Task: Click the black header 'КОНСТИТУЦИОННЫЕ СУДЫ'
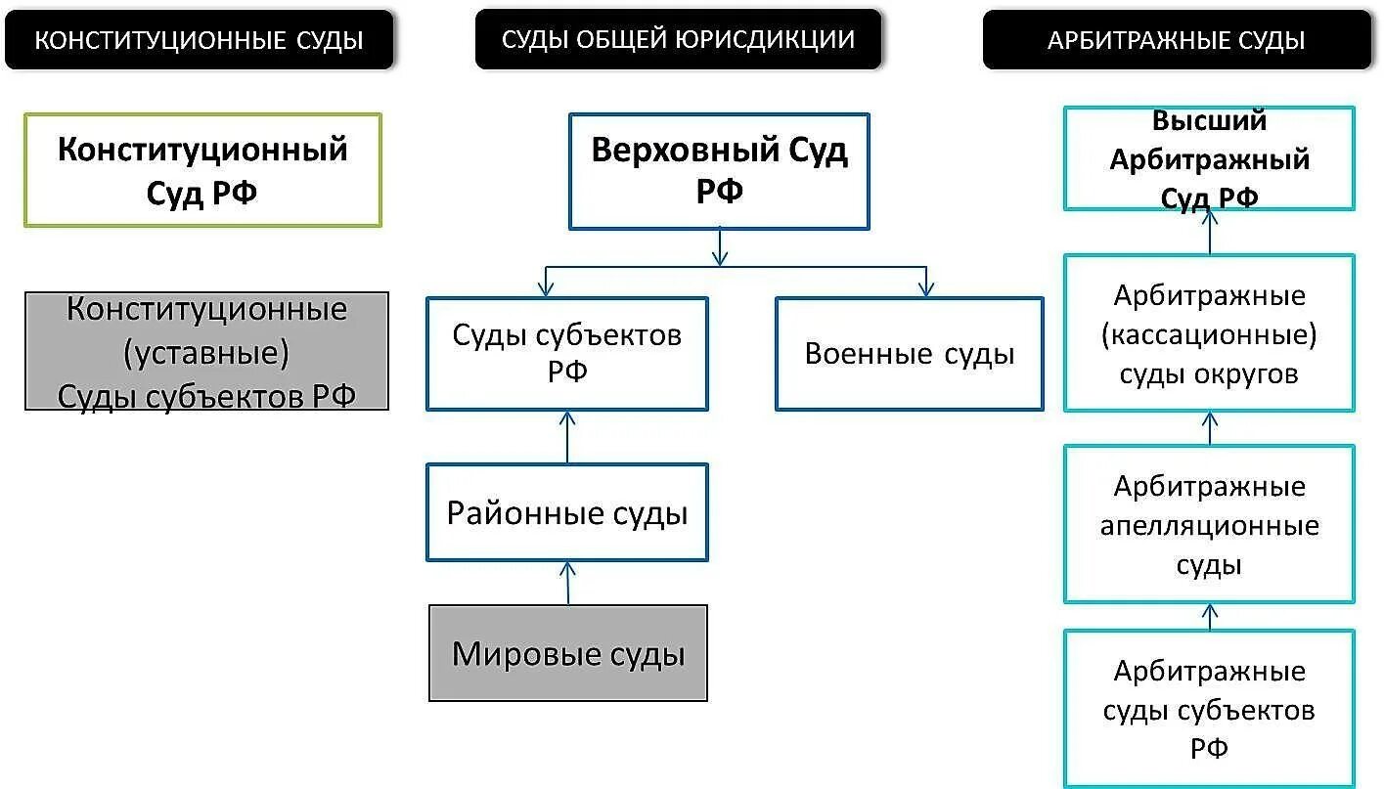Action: click(x=199, y=40)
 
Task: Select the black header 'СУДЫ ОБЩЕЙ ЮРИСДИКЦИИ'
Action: click(x=678, y=39)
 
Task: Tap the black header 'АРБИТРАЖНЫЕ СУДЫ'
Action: click(x=1177, y=40)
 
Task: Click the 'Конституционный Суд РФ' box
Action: click(x=202, y=170)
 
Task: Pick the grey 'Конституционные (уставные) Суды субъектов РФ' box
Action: click(x=206, y=351)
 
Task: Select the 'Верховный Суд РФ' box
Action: click(x=719, y=171)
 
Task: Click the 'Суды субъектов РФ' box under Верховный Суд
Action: click(x=567, y=353)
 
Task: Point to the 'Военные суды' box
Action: click(x=909, y=354)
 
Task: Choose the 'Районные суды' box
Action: click(x=567, y=512)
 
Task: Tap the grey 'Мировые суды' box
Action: click(x=567, y=653)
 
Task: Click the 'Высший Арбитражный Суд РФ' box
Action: click(x=1209, y=158)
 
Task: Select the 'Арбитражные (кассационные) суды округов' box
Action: click(x=1209, y=333)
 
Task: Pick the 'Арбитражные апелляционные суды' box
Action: click(x=1209, y=525)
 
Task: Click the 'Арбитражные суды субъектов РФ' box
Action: click(x=1209, y=709)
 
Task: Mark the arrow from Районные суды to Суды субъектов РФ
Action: click(x=567, y=436)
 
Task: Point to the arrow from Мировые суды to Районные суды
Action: click(x=567, y=583)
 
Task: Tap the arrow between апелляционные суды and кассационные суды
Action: click(x=1210, y=428)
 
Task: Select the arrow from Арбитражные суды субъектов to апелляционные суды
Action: click(x=1210, y=617)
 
